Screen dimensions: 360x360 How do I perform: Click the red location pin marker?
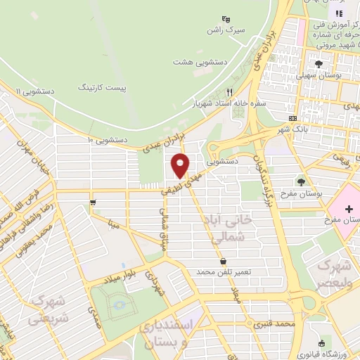[181, 165]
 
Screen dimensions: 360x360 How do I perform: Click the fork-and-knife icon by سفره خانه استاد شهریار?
[229, 92]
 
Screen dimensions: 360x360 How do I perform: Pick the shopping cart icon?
[93, 202]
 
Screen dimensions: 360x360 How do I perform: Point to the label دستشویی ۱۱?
[34, 91]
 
